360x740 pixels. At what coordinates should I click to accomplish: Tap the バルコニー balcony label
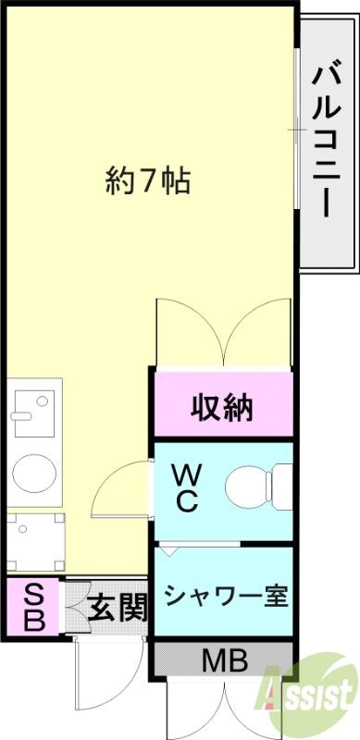[x=323, y=138]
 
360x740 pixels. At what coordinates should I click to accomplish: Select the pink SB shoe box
[x=32, y=606]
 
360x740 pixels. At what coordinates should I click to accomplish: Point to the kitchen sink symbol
[x=34, y=410]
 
